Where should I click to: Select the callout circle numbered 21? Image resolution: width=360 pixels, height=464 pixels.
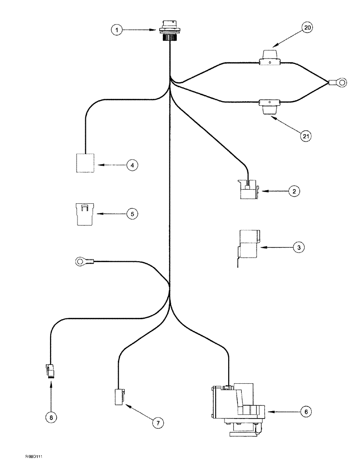coord(305,136)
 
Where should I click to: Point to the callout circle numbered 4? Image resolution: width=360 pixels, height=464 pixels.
coord(132,165)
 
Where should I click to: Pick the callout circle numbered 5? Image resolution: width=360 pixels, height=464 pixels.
coord(132,214)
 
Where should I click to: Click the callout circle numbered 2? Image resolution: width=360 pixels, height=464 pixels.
coord(293,191)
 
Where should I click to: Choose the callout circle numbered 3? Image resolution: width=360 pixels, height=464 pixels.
coord(299,248)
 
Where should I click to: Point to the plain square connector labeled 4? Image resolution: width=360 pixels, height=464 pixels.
coord(85,163)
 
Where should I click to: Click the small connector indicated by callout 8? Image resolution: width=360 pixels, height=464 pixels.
coord(51,371)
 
